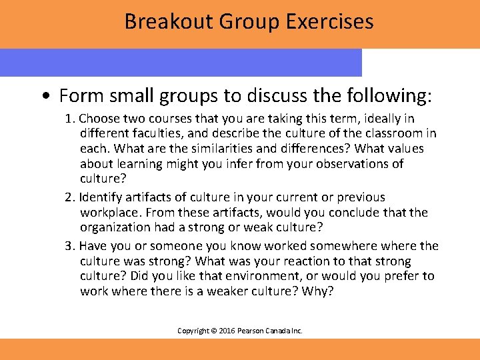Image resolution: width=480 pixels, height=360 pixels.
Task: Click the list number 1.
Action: point(69,119)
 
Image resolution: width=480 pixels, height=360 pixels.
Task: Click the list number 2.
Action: point(69,197)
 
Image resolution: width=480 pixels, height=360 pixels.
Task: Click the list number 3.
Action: point(69,246)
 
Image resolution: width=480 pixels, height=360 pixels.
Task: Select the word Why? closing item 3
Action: point(317,291)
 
